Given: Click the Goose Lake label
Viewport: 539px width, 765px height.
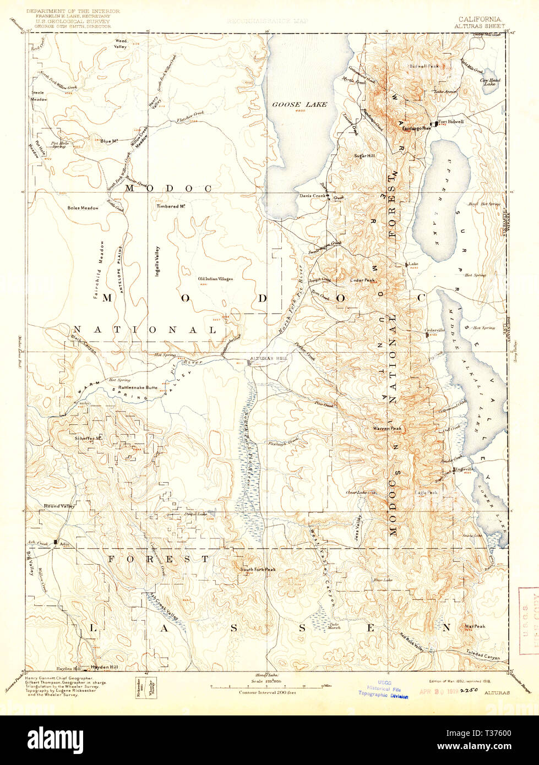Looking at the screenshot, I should [300, 104].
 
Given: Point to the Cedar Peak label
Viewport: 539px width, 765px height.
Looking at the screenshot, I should [362, 280].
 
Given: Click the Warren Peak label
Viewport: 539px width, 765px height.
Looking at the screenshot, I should [388, 428].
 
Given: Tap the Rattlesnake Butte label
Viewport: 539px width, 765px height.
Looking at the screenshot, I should [134, 387].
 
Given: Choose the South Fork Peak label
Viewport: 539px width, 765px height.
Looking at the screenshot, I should [258, 569].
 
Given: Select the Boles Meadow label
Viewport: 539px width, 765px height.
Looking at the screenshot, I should [83, 208].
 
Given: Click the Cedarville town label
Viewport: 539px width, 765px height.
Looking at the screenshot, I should [434, 330].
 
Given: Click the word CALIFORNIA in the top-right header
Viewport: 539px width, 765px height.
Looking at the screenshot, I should [479, 19].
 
